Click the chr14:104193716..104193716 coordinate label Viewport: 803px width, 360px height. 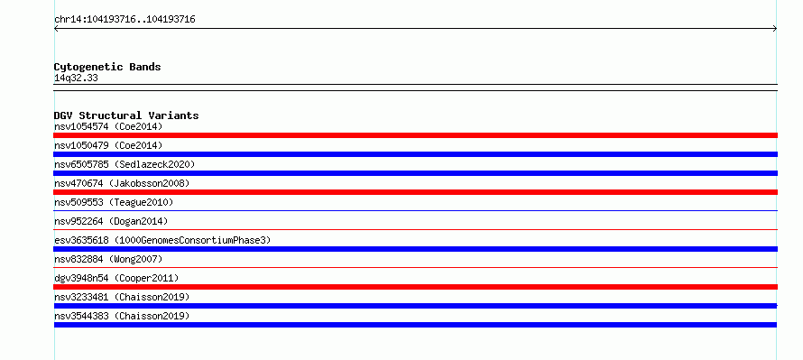pos(125,20)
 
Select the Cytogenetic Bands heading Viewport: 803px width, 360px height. pos(107,67)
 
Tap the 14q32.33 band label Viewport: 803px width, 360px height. pos(76,78)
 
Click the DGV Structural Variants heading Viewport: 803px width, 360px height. pos(126,115)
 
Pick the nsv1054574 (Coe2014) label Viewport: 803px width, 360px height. pos(108,126)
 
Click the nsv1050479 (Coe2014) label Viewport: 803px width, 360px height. pos(108,145)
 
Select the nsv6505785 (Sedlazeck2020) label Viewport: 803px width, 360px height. pos(125,164)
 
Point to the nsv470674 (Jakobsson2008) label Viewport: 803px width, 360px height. pos(122,183)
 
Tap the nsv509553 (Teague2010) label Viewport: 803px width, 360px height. pos(114,202)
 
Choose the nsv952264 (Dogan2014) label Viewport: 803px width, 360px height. pos(111,221)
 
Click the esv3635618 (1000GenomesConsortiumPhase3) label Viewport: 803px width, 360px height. pos(162,240)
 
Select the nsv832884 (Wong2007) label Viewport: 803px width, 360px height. pos(108,259)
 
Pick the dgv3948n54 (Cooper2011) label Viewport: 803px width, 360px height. pos(116,278)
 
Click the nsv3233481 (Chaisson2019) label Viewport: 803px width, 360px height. pos(122,297)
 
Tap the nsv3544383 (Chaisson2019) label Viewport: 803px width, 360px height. pos(122,316)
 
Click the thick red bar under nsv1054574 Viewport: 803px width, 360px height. pos(415,135)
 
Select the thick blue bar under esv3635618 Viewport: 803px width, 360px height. pos(415,249)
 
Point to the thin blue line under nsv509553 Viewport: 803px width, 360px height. pos(415,210)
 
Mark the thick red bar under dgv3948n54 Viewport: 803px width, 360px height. pos(415,287)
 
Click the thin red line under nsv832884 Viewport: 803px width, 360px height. pos(415,267)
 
